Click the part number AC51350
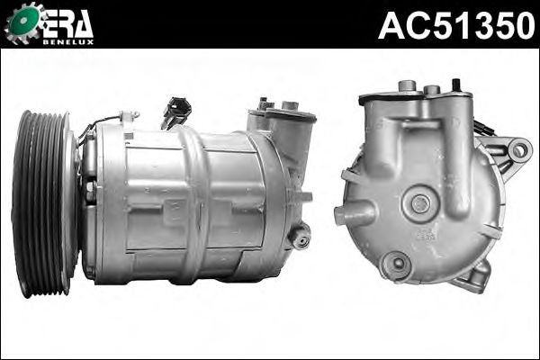pyautogui.click(x=456, y=25)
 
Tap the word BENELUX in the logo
pyautogui.click(x=68, y=42)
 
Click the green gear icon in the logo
pyautogui.click(x=22, y=22)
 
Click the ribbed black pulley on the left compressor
pyautogui.click(x=43, y=204)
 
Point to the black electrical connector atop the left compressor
pyautogui.click(x=175, y=111)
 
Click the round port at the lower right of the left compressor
pyautogui.click(x=300, y=237)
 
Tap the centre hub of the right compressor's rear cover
pyautogui.click(x=420, y=204)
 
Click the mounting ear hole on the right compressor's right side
pyautogui.click(x=518, y=150)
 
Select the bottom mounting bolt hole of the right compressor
pyautogui.click(x=398, y=265)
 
